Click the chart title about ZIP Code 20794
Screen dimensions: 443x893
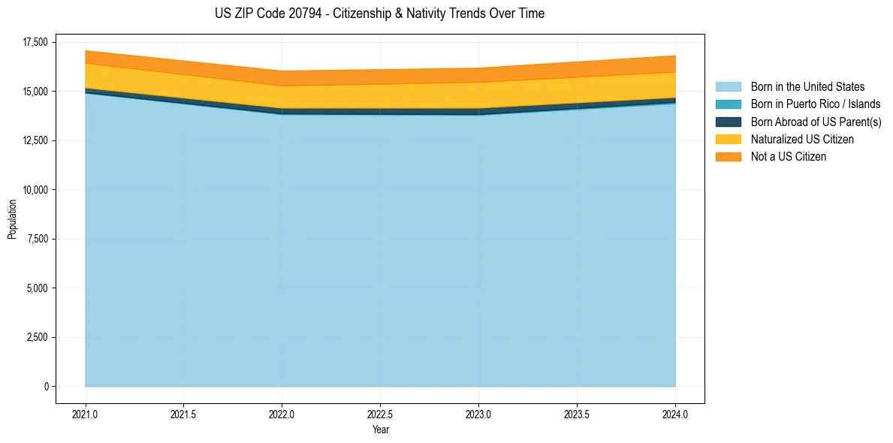tap(379, 14)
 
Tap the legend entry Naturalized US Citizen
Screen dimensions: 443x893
tap(802, 139)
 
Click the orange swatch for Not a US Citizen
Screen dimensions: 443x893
tap(728, 156)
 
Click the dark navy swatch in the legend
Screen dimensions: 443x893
tap(728, 122)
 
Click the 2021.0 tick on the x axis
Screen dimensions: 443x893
tap(86, 414)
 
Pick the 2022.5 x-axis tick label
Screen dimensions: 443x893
tap(380, 414)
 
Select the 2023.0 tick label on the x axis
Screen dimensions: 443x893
tap(478, 414)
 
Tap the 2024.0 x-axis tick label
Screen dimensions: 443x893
tap(675, 414)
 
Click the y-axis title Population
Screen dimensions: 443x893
tap(12, 218)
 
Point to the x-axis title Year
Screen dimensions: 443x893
tap(380, 429)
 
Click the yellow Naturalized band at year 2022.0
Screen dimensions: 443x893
tap(282, 97)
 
